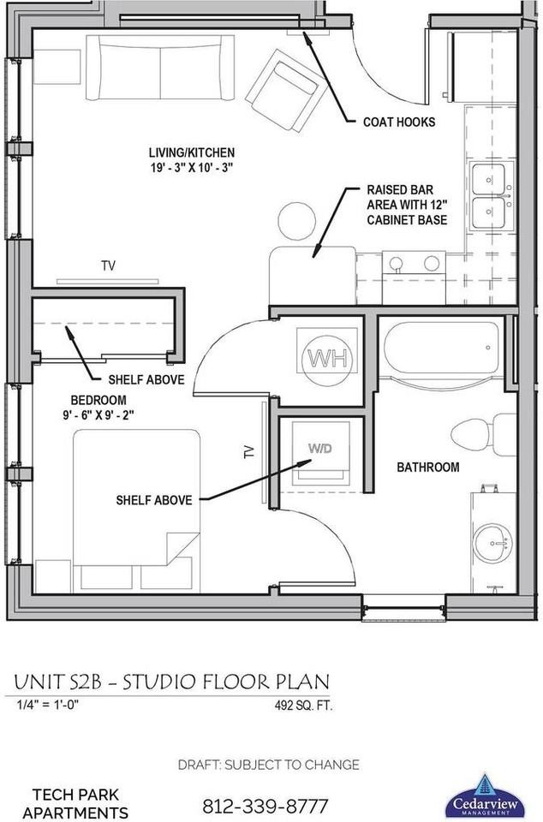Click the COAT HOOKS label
point(399,122)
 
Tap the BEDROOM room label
point(98,400)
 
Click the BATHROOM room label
point(427,468)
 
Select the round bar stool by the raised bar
point(296,221)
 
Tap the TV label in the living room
point(108,266)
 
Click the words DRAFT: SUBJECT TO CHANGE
point(268,765)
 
